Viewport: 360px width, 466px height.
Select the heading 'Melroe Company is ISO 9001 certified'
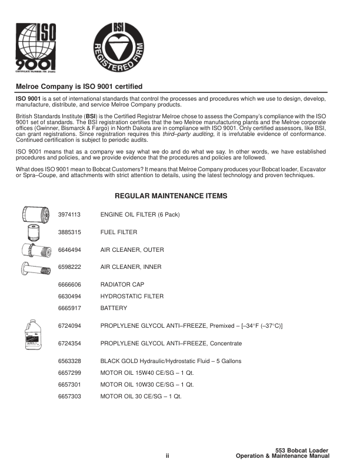click(79, 86)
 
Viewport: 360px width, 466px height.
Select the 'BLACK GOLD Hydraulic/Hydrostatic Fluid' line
click(171, 361)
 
